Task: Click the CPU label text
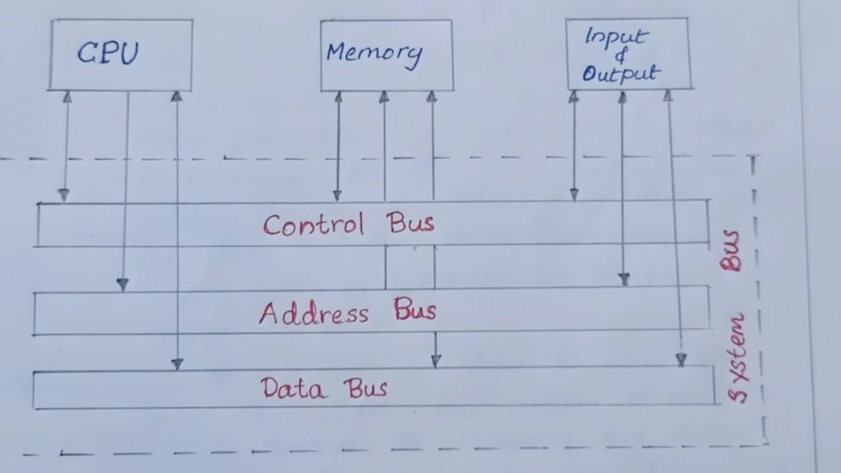(x=108, y=53)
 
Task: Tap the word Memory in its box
(x=374, y=53)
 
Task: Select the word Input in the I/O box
(x=616, y=37)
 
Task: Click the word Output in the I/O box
(x=620, y=74)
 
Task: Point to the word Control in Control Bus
(x=313, y=225)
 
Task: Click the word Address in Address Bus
(x=313, y=313)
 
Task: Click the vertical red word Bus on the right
(x=731, y=251)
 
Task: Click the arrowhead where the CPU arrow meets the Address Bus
(x=123, y=284)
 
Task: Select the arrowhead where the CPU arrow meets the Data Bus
(x=177, y=363)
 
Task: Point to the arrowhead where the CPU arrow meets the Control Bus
(x=63, y=195)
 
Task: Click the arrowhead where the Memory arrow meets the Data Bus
(x=436, y=361)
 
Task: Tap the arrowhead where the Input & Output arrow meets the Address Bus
(x=624, y=279)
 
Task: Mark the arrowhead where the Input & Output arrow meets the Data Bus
(x=681, y=359)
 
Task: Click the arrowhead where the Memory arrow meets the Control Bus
(x=337, y=195)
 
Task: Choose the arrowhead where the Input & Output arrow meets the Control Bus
(x=574, y=195)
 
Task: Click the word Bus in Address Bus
(x=415, y=309)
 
